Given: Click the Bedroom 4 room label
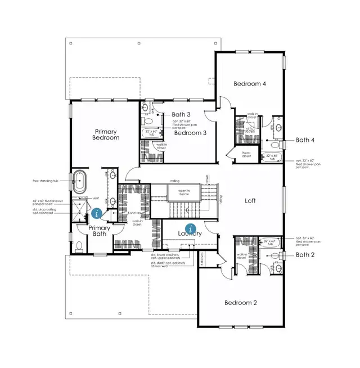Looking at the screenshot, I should click(249, 84).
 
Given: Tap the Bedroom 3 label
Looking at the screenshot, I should click(190, 133).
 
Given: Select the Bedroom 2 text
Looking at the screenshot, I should click(240, 303).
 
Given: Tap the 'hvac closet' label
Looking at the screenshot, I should click(245, 155).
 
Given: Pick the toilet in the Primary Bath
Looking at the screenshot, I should click(79, 246).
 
